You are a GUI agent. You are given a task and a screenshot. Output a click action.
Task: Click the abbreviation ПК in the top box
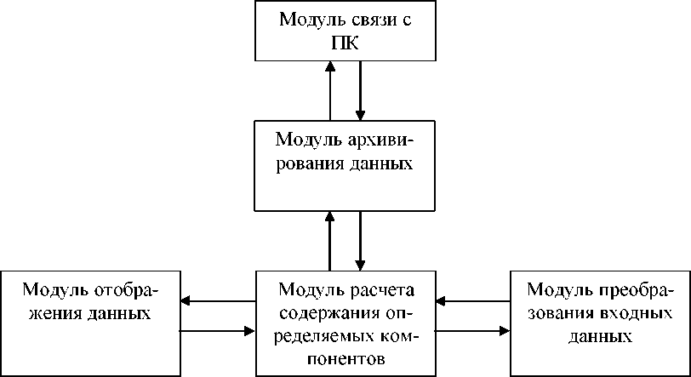(345, 43)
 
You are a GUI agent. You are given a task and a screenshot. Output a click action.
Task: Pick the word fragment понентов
(345, 357)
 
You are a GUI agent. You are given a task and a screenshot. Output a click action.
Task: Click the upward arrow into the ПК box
(329, 89)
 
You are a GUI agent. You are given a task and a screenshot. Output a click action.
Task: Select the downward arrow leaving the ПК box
(361, 89)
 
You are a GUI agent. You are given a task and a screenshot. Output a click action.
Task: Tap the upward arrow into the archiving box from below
(329, 241)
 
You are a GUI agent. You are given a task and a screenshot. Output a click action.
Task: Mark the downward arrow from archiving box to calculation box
(361, 241)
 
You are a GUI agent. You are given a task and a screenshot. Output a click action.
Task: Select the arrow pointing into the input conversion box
(472, 328)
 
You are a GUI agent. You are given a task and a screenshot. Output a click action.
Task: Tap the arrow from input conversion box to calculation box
(472, 300)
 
